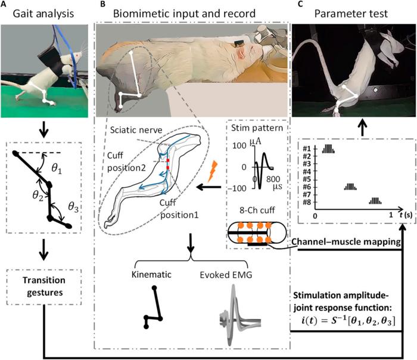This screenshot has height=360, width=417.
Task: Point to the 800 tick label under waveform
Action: tap(275, 179)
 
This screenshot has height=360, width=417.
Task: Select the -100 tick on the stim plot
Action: tap(240, 188)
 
